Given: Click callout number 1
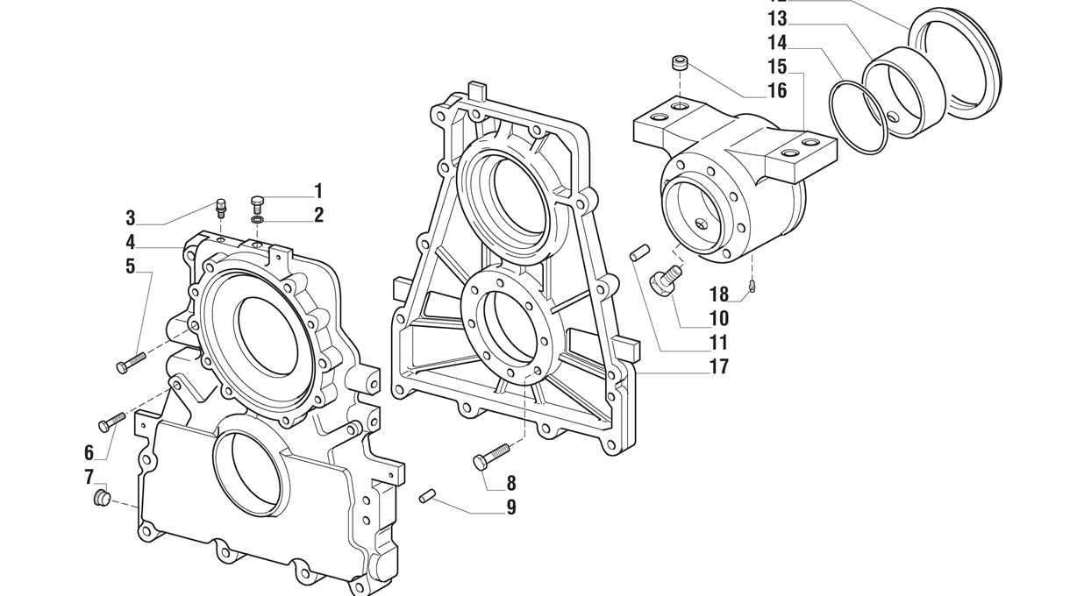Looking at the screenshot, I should (x=318, y=191).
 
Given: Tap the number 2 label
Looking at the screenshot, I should (x=318, y=215).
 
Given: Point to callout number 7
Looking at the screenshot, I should (x=89, y=477).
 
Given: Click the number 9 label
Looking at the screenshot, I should (x=510, y=507).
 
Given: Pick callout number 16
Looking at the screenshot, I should (x=776, y=91).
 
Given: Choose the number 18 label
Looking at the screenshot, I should (x=719, y=295).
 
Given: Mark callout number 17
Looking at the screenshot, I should (x=718, y=367).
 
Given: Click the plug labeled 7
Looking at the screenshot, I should (x=102, y=499).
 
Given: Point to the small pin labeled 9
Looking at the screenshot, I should (x=428, y=496).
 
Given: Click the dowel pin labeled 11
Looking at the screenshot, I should (x=639, y=253).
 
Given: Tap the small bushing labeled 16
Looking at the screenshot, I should (x=679, y=63).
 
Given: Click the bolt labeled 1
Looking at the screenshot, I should (x=258, y=205).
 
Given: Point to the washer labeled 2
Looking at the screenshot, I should (x=257, y=221).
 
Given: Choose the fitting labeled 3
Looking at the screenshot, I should (x=221, y=209).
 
